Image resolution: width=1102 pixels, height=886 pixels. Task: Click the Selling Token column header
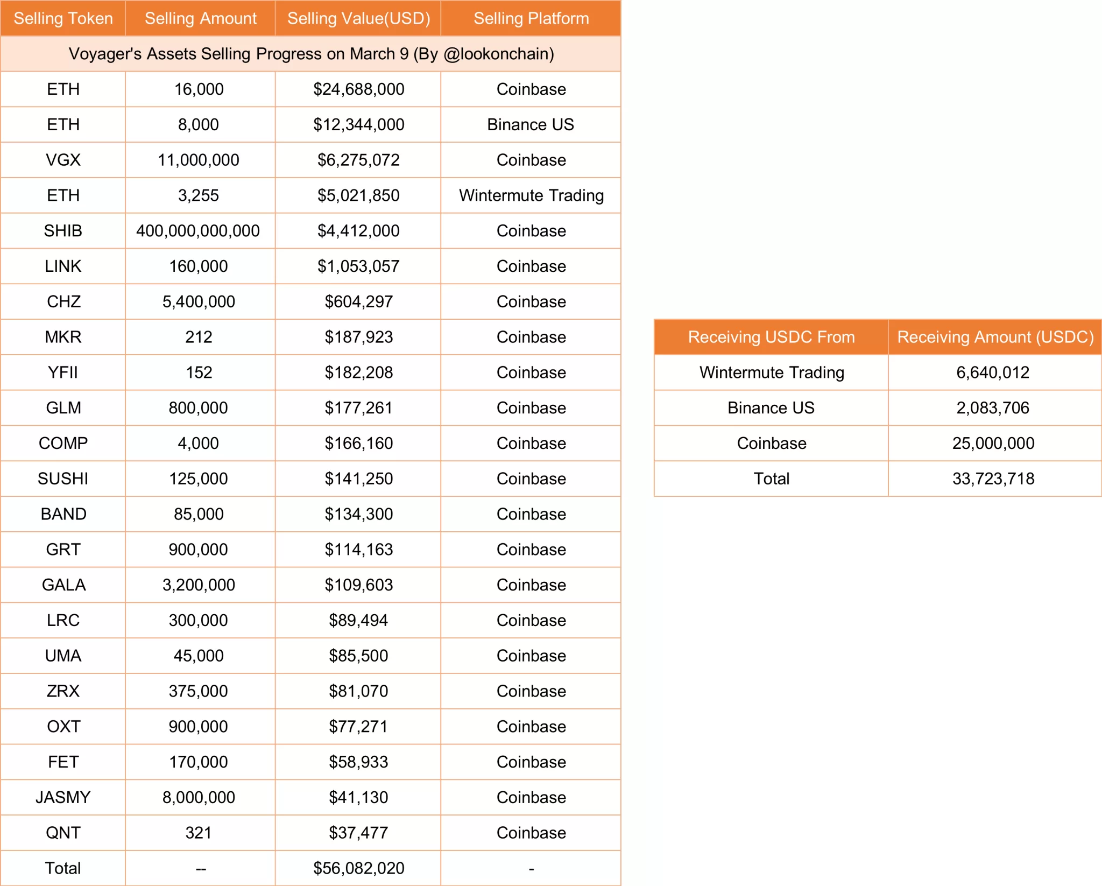point(63,18)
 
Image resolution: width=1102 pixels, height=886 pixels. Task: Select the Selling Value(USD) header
point(358,18)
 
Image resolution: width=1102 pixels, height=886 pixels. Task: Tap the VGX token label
point(63,160)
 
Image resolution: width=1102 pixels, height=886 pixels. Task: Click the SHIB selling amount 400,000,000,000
point(198,231)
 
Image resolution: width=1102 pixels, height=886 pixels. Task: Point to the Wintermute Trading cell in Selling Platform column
point(531,195)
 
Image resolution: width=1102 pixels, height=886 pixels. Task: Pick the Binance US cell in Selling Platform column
point(531,124)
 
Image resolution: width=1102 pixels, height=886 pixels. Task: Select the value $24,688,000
point(358,89)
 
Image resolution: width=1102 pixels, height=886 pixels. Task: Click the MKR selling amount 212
point(199,337)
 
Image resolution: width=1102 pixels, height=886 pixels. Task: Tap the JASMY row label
point(63,797)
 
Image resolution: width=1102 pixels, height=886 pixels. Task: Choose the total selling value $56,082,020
point(358,868)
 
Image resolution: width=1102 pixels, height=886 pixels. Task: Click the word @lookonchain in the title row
point(498,54)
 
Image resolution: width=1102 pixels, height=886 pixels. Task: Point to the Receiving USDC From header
point(771,337)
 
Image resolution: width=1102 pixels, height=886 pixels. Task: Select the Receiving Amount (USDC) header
point(995,337)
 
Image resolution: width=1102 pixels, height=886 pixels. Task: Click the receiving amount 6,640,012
point(993,372)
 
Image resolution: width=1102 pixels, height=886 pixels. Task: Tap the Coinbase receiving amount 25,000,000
point(993,443)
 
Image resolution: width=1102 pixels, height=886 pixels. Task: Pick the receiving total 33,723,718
point(993,479)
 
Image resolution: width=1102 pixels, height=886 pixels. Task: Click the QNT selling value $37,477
point(358,833)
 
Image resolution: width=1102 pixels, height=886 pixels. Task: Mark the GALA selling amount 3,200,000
point(199,585)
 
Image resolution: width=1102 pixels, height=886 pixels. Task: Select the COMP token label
point(63,443)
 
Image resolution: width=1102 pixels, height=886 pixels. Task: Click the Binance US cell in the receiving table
point(771,408)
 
